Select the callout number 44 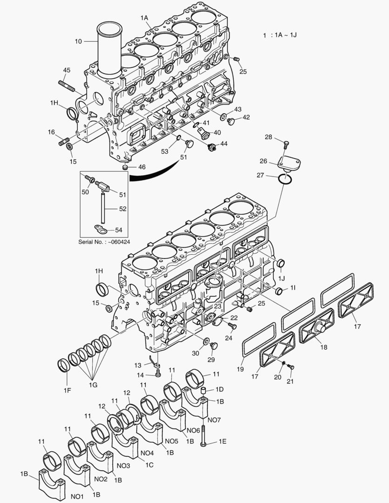(224, 144)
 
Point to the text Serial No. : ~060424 (104, 242)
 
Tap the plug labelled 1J (281, 264)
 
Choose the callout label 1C (149, 464)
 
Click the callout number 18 (324, 347)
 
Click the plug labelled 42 (231, 122)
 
